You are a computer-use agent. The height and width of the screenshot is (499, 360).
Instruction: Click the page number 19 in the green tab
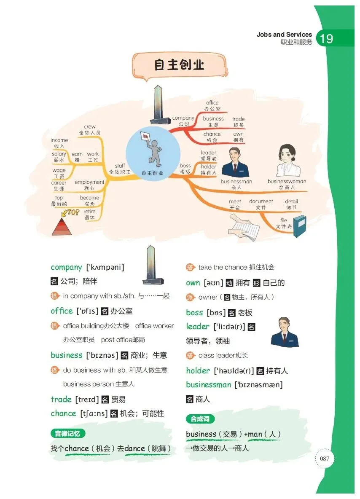326,38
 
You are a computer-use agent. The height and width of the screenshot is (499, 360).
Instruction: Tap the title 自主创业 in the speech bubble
179,64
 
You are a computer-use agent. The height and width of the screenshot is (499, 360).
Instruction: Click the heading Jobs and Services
284,35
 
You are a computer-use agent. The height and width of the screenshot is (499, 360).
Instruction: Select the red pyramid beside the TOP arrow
62,227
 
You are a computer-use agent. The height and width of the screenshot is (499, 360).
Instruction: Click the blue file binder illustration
300,226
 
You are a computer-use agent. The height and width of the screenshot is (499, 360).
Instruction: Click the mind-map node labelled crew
90,127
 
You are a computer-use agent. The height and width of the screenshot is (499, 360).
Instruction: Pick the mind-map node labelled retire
89,211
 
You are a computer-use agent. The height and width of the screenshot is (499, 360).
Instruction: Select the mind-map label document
261,201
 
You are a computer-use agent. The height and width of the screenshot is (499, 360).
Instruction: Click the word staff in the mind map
120,166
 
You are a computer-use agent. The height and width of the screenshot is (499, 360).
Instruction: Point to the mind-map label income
59,140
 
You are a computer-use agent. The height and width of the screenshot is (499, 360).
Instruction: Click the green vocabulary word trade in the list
61,399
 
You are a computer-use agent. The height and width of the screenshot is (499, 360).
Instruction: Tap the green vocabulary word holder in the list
198,370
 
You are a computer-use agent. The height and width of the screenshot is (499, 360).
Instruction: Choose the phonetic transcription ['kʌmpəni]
105,267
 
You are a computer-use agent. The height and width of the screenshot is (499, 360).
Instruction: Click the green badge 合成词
200,419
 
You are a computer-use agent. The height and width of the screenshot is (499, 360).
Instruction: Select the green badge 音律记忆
68,433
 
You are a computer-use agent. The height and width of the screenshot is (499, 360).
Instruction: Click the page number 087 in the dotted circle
324,459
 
